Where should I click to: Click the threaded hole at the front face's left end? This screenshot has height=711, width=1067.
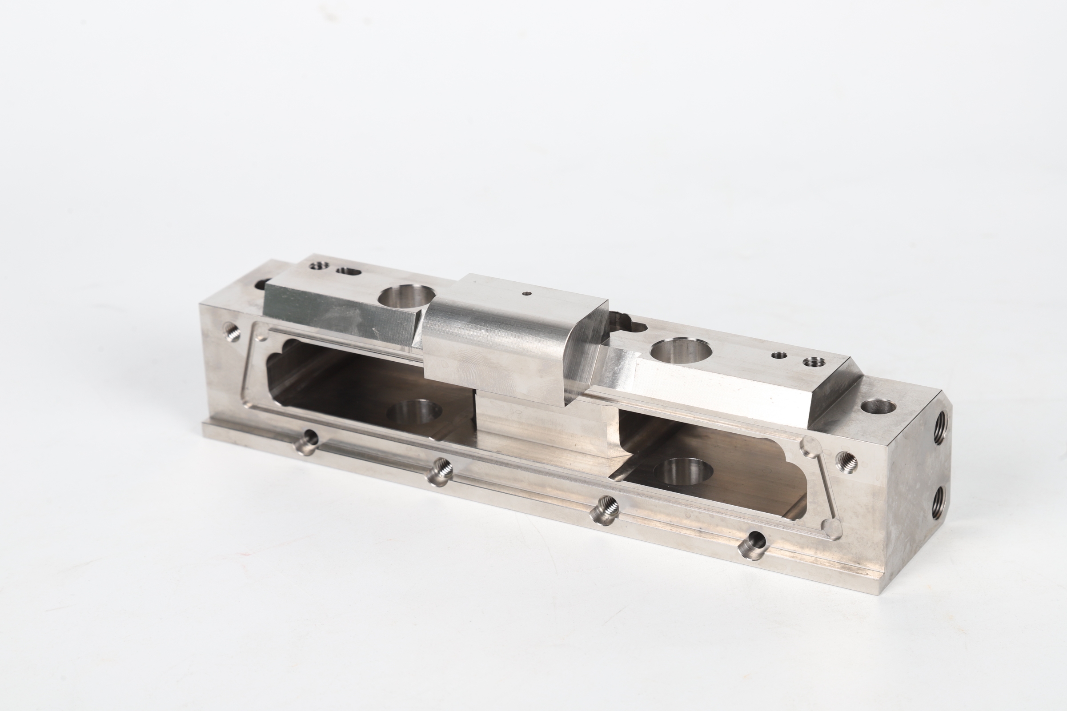(x=232, y=332)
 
